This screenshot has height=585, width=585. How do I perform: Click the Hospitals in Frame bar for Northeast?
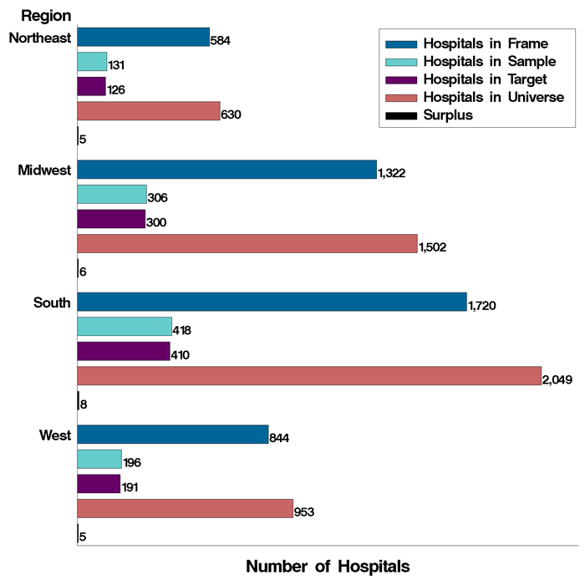[x=143, y=37]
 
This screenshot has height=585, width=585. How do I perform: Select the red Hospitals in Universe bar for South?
[x=309, y=376]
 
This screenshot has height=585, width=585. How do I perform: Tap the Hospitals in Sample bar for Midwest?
[x=111, y=195]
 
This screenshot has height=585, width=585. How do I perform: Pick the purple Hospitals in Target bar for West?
[x=99, y=484]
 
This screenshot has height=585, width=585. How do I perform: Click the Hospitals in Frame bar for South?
[x=272, y=302]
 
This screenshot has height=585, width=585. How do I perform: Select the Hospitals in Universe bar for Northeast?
[x=148, y=111]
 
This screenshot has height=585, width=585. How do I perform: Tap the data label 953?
[x=304, y=512]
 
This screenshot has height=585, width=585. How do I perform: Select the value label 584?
[x=221, y=40]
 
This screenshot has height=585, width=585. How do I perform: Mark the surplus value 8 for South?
[x=83, y=404]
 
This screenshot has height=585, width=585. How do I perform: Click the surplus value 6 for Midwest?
[x=83, y=272]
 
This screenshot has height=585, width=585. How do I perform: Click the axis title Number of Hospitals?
[x=328, y=566]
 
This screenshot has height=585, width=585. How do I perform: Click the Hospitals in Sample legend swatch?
[x=400, y=62]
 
